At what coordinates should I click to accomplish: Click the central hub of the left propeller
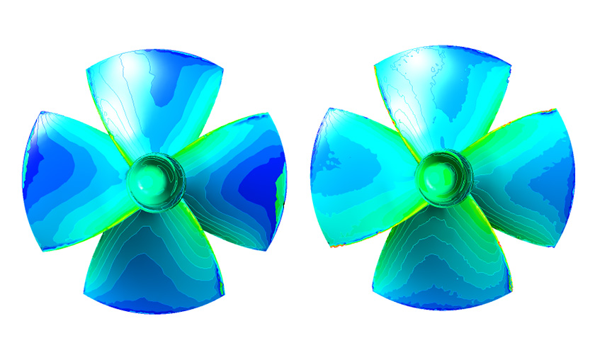point(153,181)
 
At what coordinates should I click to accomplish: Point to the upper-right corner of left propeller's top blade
point(223,69)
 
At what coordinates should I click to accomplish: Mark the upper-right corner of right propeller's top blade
point(510,62)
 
